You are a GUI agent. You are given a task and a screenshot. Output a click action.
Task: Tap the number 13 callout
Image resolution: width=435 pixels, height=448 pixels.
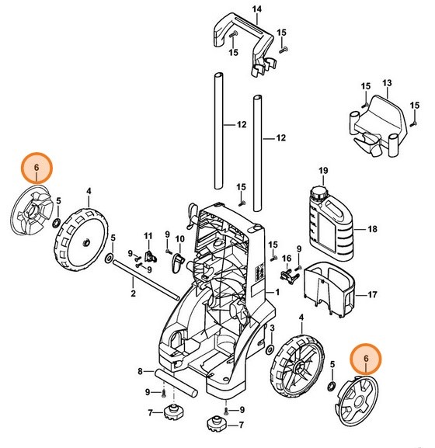pyautogui.click(x=388, y=82)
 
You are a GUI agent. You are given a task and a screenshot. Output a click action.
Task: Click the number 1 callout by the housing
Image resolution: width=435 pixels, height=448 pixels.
pyautogui.click(x=277, y=291)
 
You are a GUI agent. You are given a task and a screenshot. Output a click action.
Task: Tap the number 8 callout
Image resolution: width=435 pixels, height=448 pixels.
pyautogui.click(x=141, y=372)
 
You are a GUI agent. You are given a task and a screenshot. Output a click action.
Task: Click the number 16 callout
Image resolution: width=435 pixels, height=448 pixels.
pyautogui.click(x=286, y=259)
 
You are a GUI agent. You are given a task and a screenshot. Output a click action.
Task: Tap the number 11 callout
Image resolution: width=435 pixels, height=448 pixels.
pyautogui.click(x=148, y=235)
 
